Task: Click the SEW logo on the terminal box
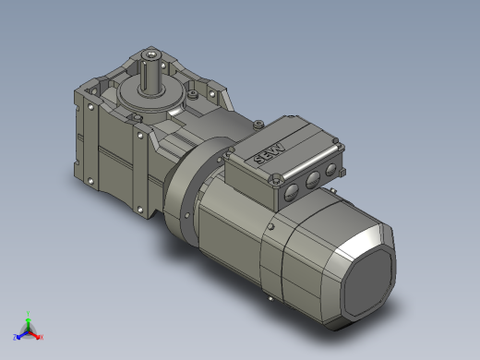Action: pyautogui.click(x=270, y=154)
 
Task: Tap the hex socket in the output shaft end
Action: pyautogui.click(x=150, y=55)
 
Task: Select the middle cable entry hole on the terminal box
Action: pyautogui.click(x=312, y=180)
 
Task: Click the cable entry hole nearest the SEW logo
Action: pyautogui.click(x=331, y=170)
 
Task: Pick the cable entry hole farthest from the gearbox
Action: pyautogui.click(x=292, y=192)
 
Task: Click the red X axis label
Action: pyautogui.click(x=42, y=337)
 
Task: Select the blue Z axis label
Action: pyautogui.click(x=15, y=337)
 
